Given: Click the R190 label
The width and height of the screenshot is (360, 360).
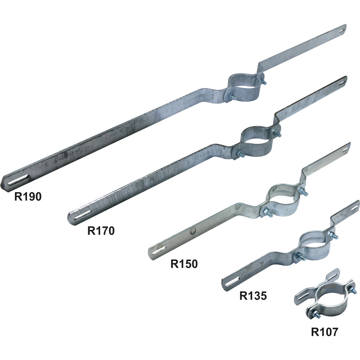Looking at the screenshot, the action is [x=28, y=197].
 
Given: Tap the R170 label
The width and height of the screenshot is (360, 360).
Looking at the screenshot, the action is [x=101, y=231].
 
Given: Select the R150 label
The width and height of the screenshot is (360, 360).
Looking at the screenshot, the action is [x=184, y=264].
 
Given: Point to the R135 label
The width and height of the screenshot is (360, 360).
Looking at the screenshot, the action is [x=253, y=296].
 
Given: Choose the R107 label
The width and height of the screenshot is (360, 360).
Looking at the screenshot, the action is [x=324, y=332].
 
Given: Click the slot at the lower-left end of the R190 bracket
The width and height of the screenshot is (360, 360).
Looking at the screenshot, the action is [x=18, y=179].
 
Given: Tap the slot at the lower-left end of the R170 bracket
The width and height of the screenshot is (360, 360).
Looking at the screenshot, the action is [x=82, y=215].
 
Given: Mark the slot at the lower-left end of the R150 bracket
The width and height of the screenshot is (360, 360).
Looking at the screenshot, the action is [x=159, y=250].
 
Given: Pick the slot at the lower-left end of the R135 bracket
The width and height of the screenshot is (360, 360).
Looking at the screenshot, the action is [x=232, y=282].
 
